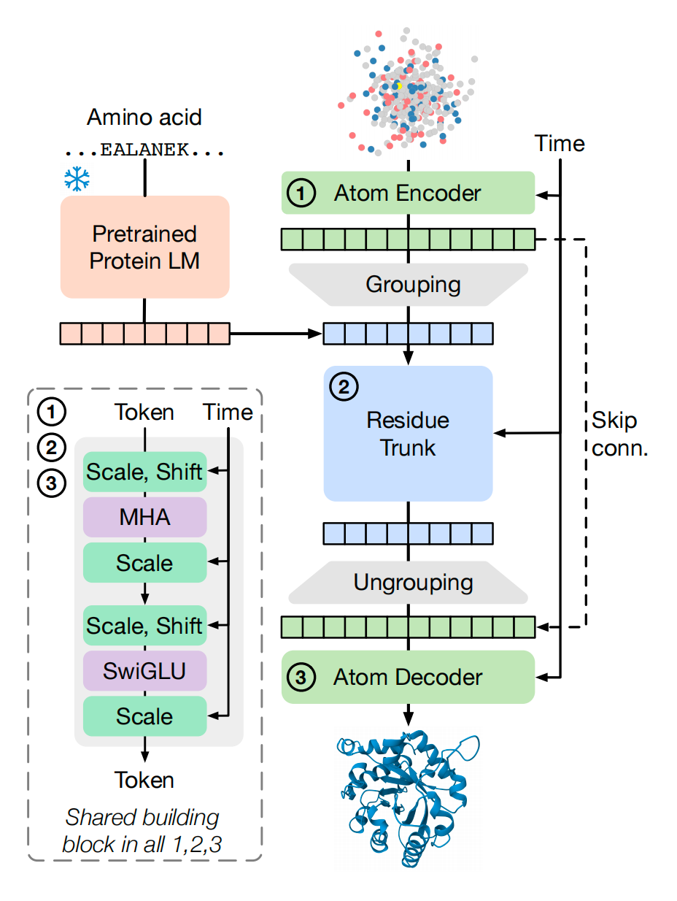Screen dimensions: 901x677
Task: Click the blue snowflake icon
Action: pyautogui.click(x=76, y=179)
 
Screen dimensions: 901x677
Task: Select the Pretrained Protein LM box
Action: pyautogui.click(x=144, y=247)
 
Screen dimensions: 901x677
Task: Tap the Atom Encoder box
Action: pyautogui.click(x=408, y=193)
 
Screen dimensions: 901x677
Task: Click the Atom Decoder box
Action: pyautogui.click(x=408, y=678)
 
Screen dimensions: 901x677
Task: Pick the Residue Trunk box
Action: pyautogui.click(x=408, y=433)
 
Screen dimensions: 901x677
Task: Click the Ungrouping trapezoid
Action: pyautogui.click(x=408, y=582)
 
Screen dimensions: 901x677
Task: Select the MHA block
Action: pyautogui.click(x=144, y=517)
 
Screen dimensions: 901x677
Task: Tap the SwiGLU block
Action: pyautogui.click(x=144, y=670)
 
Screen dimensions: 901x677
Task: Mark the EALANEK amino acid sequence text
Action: pyautogui.click(x=144, y=151)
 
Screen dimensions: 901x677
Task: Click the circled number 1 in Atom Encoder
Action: pyautogui.click(x=301, y=193)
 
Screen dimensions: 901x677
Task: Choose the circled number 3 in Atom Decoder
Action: pyautogui.click(x=301, y=678)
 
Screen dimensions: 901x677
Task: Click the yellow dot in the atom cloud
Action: pyautogui.click(x=399, y=85)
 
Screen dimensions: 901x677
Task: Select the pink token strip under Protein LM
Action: pyautogui.click(x=144, y=333)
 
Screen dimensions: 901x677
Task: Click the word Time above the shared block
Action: pyautogui.click(x=228, y=413)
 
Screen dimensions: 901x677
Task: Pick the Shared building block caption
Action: pyautogui.click(x=142, y=830)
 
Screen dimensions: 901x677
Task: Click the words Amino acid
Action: pyautogui.click(x=144, y=117)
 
